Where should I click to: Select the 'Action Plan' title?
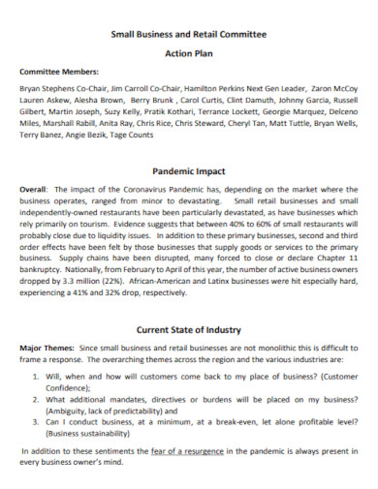click(x=189, y=54)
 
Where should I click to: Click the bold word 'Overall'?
click(x=34, y=189)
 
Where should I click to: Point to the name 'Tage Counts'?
click(x=134, y=136)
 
